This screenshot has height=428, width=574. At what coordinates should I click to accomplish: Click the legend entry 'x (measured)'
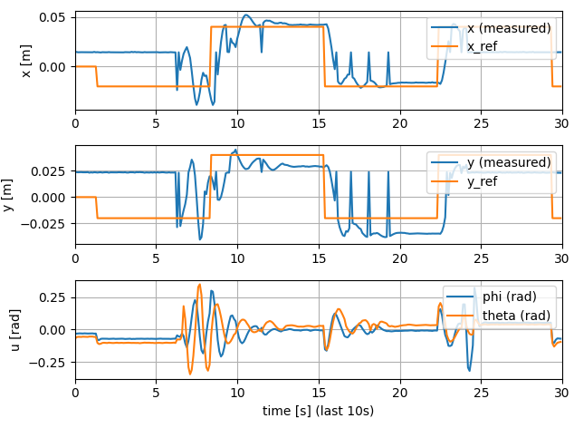(x=508, y=28)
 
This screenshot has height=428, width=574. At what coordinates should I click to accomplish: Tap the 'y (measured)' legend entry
(x=508, y=162)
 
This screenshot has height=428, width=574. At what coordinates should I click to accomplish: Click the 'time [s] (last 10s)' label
(x=318, y=411)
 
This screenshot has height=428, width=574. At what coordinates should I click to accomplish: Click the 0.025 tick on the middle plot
(x=47, y=171)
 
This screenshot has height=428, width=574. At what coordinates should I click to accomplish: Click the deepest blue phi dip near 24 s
(x=469, y=370)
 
